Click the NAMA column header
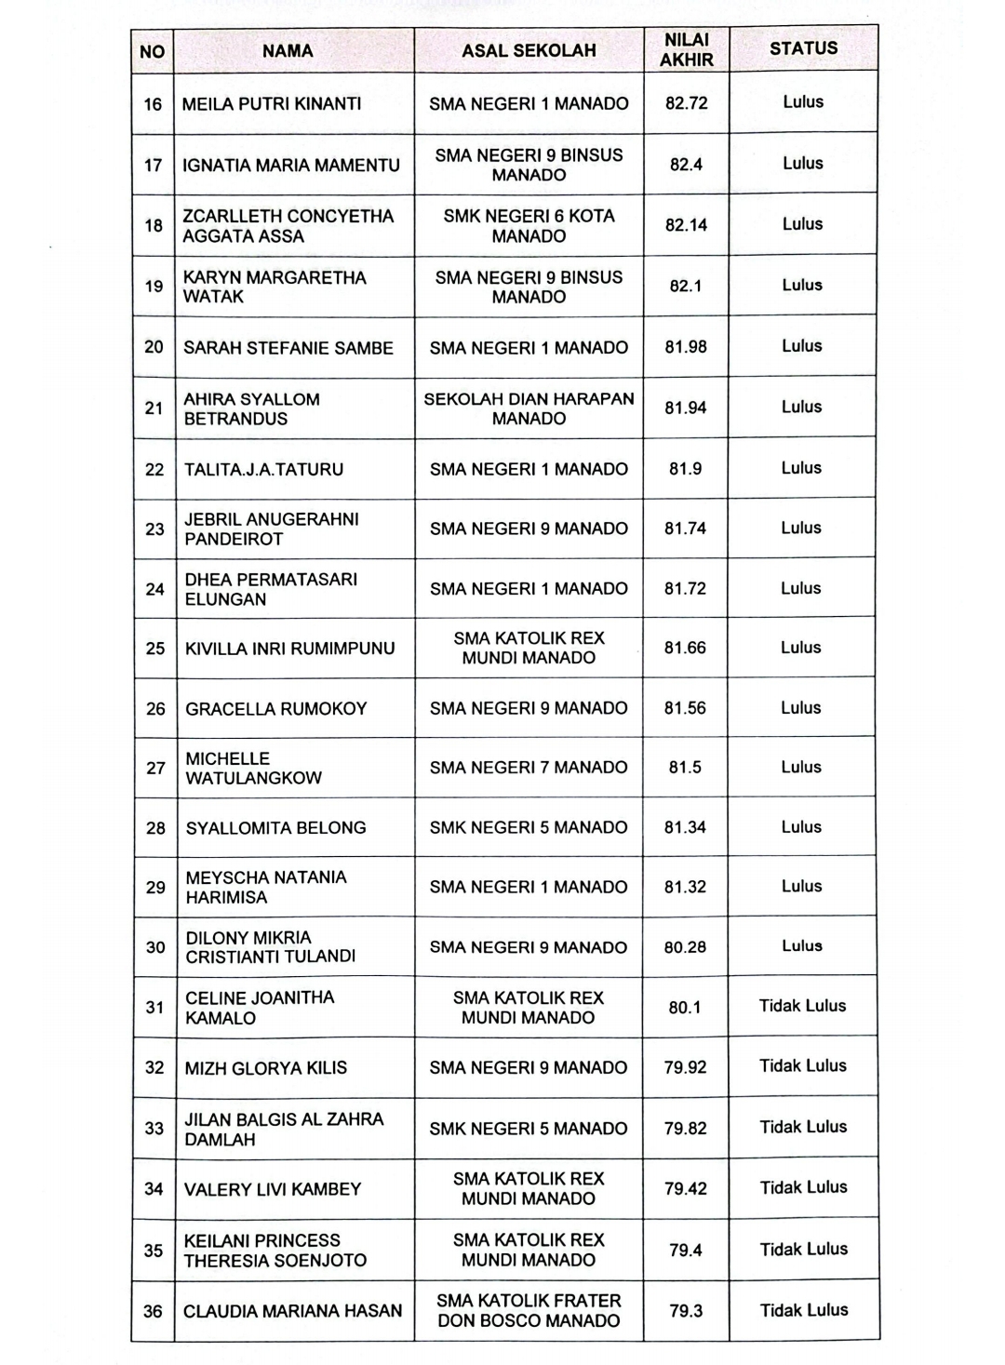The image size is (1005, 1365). [x=288, y=51]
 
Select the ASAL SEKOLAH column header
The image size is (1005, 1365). [x=529, y=51]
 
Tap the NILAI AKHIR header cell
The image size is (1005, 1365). [x=687, y=50]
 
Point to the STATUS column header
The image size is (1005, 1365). [x=803, y=48]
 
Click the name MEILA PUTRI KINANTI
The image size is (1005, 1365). [x=272, y=104]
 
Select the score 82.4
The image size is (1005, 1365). [x=686, y=165]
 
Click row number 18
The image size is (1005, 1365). [x=154, y=225]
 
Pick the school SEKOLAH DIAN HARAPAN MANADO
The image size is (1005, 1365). [x=529, y=408]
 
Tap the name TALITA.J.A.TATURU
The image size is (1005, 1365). [x=263, y=470]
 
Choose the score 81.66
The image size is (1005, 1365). [x=685, y=648]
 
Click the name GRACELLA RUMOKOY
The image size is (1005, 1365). [x=275, y=709]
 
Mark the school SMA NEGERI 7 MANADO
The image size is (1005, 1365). [x=529, y=768]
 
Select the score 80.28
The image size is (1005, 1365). [x=685, y=947]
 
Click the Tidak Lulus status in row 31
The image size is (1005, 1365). [x=802, y=1006]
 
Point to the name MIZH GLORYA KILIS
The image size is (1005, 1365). [x=265, y=1068]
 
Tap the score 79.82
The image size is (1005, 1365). [x=685, y=1129]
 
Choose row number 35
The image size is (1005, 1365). [x=154, y=1251]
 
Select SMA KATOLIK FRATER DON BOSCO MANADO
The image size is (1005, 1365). [x=529, y=1311]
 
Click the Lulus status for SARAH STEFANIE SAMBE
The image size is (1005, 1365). [x=802, y=346]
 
